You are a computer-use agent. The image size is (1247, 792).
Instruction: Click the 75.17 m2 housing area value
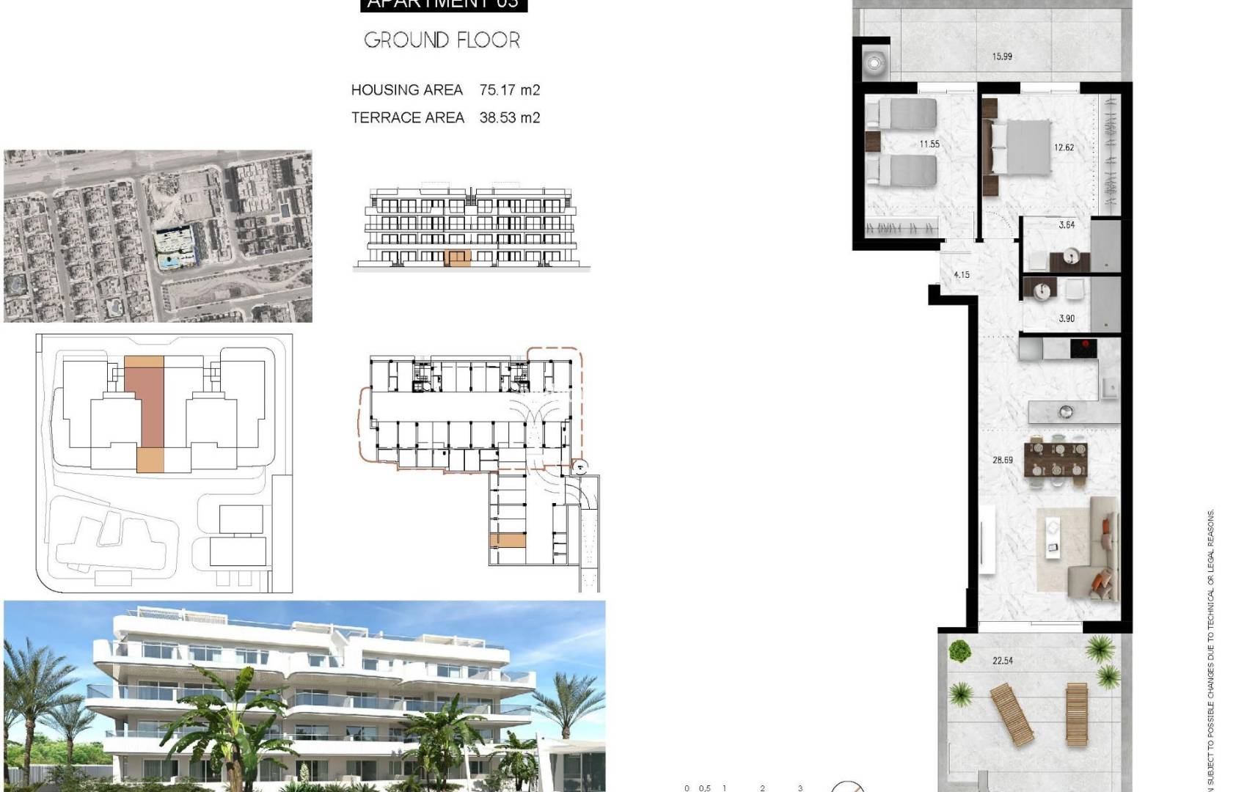(x=509, y=90)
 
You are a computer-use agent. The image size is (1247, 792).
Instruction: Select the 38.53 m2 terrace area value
(x=509, y=117)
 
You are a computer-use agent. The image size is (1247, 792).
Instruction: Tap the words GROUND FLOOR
(x=442, y=40)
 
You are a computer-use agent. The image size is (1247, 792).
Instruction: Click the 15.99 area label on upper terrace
(x=1002, y=56)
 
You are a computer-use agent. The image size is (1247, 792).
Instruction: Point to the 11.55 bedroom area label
(x=929, y=144)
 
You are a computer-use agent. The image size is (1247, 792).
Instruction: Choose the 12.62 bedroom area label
(x=1064, y=147)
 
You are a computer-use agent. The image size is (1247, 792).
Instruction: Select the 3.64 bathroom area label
(x=1067, y=225)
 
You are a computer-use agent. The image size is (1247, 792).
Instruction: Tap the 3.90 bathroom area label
(x=1067, y=318)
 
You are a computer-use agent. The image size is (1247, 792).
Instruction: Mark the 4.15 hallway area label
(x=961, y=275)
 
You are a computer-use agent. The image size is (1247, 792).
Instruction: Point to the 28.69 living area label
(x=1002, y=461)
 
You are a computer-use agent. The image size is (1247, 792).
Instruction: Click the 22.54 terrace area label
(x=1002, y=661)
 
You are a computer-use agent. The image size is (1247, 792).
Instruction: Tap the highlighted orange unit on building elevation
(x=458, y=257)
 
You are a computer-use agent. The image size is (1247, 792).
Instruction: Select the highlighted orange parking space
(x=508, y=541)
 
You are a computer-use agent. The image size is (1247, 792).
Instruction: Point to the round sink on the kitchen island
(x=1065, y=412)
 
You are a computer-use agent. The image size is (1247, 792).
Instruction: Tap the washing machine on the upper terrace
(x=874, y=63)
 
